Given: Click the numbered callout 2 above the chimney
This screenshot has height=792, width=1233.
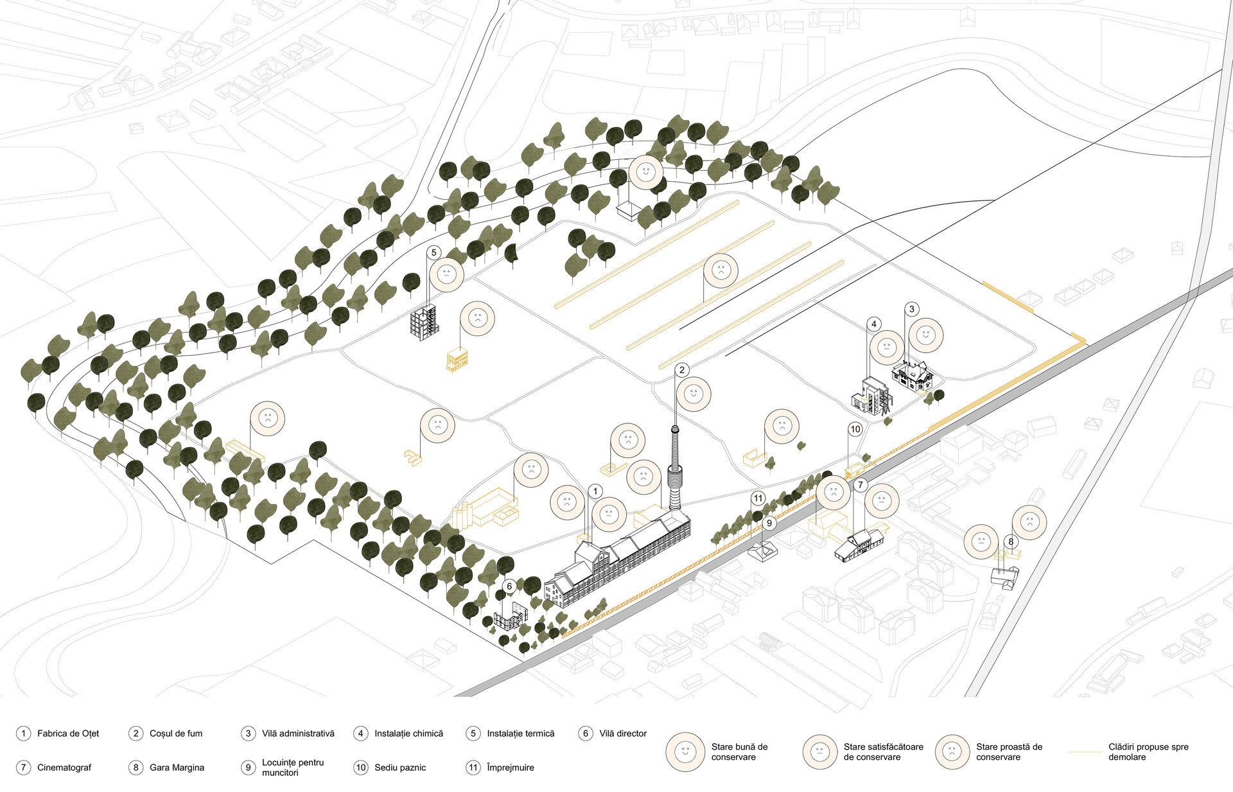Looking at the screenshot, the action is tap(682, 370).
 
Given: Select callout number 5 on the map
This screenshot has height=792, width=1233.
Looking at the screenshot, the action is tap(433, 252).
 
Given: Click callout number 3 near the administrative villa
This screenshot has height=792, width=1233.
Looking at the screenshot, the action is tap(912, 310).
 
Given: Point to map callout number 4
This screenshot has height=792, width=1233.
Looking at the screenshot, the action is tap(874, 324).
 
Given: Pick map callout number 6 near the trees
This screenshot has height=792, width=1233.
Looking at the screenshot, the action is tap(509, 586).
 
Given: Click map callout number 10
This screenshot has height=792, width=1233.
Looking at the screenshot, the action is tap(855, 429).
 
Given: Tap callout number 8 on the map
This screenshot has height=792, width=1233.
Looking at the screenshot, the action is tap(1011, 541).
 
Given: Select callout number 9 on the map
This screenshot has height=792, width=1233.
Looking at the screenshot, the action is tap(769, 524).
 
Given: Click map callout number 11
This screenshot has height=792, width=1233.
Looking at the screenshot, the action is tap(758, 498).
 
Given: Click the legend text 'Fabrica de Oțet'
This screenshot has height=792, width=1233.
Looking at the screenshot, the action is tap(68, 734).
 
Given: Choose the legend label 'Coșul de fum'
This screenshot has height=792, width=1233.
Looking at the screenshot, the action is tap(176, 734).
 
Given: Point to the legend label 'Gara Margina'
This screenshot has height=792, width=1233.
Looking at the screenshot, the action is tap(177, 768).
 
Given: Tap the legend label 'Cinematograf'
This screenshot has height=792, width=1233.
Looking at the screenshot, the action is tap(64, 768).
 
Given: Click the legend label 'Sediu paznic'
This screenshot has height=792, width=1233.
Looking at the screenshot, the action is tap(400, 768).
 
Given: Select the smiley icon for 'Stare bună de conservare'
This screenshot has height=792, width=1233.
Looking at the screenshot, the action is tap(685, 752).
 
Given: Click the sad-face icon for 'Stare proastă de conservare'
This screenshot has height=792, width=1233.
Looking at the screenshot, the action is tap(952, 752).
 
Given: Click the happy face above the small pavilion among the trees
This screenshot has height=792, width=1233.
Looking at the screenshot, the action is tap(646, 172).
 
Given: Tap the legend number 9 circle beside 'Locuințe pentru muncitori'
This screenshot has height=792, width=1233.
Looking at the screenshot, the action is tap(248, 768).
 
